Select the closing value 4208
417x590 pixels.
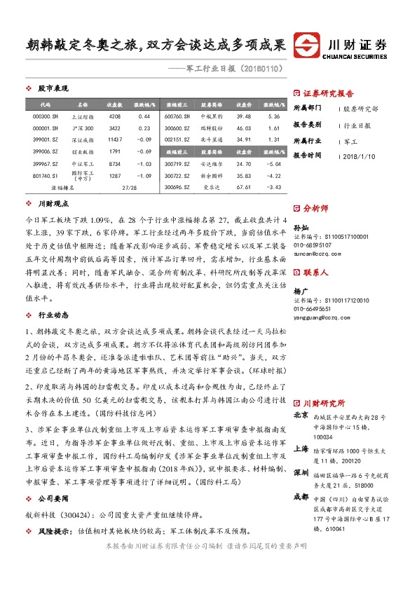point(115,116)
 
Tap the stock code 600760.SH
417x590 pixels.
point(178,116)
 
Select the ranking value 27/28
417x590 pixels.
point(129,188)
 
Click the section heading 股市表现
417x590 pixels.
point(53,89)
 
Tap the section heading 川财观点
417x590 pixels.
point(53,205)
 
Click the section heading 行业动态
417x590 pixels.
point(53,315)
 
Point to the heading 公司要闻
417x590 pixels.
point(53,498)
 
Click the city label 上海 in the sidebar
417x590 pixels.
point(301,449)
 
